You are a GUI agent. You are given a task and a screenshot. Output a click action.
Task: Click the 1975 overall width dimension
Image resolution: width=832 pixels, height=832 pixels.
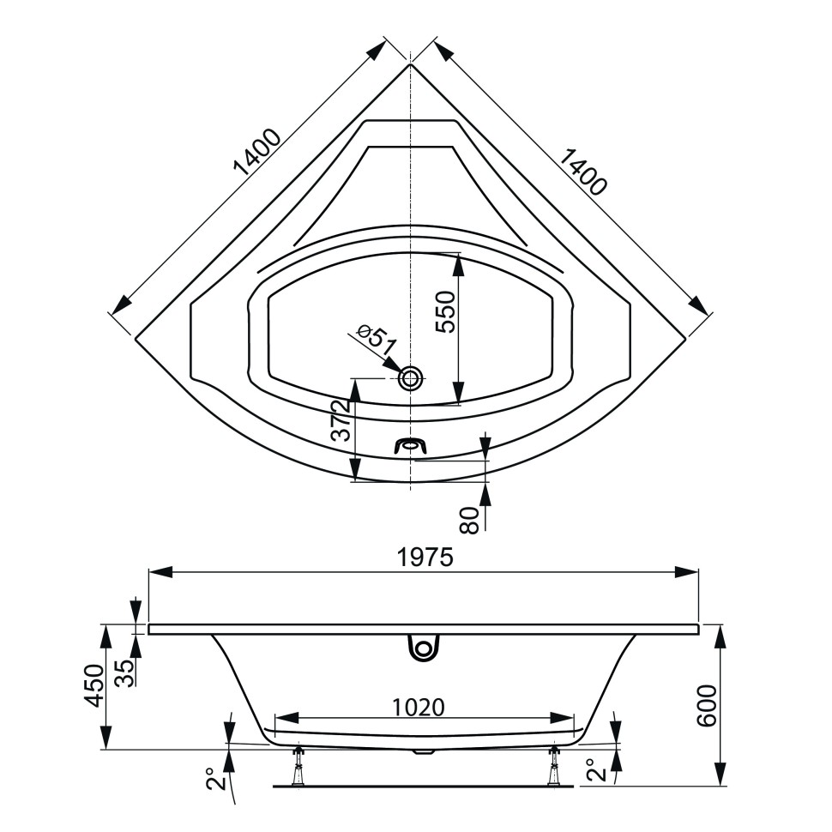pos(424,558)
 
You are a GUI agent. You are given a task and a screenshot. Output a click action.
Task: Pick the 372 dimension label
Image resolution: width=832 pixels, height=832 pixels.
pos(339,420)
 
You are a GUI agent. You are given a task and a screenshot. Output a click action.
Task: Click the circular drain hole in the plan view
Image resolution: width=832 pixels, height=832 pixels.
pos(412,377)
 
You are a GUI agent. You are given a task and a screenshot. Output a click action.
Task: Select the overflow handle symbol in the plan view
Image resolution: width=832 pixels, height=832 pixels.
pos(411,445)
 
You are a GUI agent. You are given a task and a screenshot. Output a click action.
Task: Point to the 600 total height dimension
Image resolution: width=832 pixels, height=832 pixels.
pos(705,705)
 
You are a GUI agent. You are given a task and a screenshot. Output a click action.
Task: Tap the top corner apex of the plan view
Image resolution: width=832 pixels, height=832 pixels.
pos(411,64)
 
